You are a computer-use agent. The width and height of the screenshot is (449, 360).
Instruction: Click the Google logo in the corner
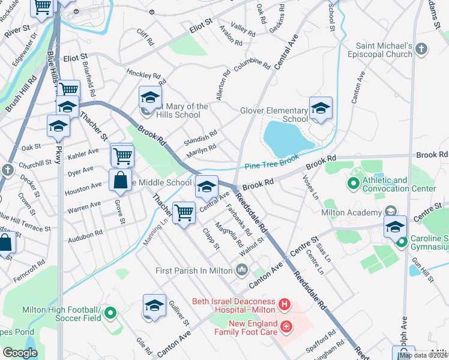(20, 353)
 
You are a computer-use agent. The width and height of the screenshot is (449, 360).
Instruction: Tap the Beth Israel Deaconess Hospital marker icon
(285, 307)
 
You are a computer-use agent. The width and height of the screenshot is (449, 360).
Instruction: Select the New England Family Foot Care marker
(287, 327)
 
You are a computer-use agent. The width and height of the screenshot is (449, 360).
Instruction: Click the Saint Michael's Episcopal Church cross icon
(421, 49)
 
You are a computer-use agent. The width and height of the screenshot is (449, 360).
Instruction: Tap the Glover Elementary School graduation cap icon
(321, 109)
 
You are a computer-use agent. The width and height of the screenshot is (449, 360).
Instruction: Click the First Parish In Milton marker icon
(242, 270)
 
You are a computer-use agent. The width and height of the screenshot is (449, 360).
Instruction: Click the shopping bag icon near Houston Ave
(120, 179)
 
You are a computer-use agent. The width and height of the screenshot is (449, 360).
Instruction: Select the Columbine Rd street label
(252, 64)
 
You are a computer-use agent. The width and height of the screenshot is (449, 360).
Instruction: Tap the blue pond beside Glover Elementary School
(286, 137)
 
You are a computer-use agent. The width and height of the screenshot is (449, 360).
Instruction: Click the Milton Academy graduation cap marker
(394, 227)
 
